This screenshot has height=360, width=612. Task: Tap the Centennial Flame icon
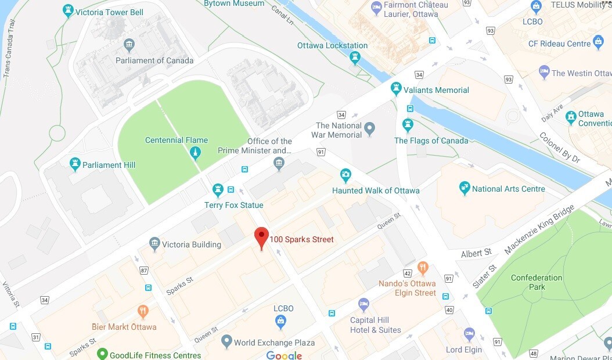point(196,153)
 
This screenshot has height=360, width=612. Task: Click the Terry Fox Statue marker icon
point(218,189)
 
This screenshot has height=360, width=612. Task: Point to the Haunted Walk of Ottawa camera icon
point(345,175)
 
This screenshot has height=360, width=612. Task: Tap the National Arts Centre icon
point(464,188)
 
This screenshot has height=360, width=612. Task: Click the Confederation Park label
point(536,282)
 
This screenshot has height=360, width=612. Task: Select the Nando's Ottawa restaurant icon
point(422,268)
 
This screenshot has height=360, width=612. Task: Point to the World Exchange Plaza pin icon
point(226,342)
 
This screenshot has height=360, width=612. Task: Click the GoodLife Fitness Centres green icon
point(102,354)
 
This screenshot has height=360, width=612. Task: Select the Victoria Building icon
point(154,244)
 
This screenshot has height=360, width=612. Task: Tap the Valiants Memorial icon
point(396,89)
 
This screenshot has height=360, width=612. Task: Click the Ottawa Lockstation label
point(332,45)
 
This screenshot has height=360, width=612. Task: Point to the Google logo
point(284,355)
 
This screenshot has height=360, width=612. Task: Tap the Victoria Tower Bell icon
point(69,10)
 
